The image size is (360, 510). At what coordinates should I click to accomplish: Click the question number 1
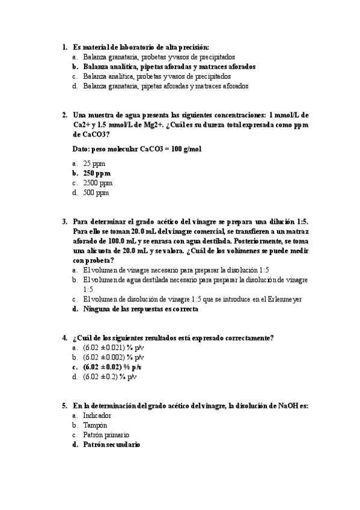pyautogui.click(x=64, y=46)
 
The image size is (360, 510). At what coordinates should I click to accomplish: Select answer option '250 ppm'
pyautogui.click(x=97, y=173)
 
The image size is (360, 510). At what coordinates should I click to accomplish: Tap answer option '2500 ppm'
pyautogui.click(x=98, y=183)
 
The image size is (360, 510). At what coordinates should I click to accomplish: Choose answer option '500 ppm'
pyautogui.click(x=96, y=193)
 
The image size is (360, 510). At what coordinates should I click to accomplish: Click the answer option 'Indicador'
pyautogui.click(x=97, y=415)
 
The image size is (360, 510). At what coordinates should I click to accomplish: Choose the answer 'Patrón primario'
pyautogui.click(x=106, y=435)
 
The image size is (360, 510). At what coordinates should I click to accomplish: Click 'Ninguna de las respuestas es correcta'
pyautogui.click(x=141, y=309)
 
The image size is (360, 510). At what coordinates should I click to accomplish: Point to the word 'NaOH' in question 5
pyautogui.click(x=290, y=405)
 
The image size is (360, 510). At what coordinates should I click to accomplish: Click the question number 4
pyautogui.click(x=64, y=337)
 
